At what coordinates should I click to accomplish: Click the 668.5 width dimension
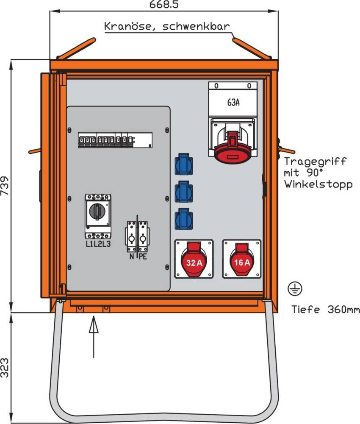point(164,5)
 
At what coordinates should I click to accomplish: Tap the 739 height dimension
point(5,186)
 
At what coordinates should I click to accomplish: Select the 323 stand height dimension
point(5,368)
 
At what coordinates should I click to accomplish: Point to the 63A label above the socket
point(233,103)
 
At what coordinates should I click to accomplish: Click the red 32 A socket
point(194,259)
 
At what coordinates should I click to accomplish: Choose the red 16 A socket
point(242,259)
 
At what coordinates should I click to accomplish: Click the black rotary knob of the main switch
point(97,211)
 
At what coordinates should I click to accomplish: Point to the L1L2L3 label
point(98,244)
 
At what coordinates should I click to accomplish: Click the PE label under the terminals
point(143,257)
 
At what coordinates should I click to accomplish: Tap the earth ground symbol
point(295,289)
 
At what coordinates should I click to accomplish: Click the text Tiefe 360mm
point(326,310)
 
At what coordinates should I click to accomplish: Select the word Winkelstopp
point(318,184)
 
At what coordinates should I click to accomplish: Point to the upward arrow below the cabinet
point(94,337)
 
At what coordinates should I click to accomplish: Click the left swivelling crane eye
point(76,49)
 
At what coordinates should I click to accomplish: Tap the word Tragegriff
point(315,162)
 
